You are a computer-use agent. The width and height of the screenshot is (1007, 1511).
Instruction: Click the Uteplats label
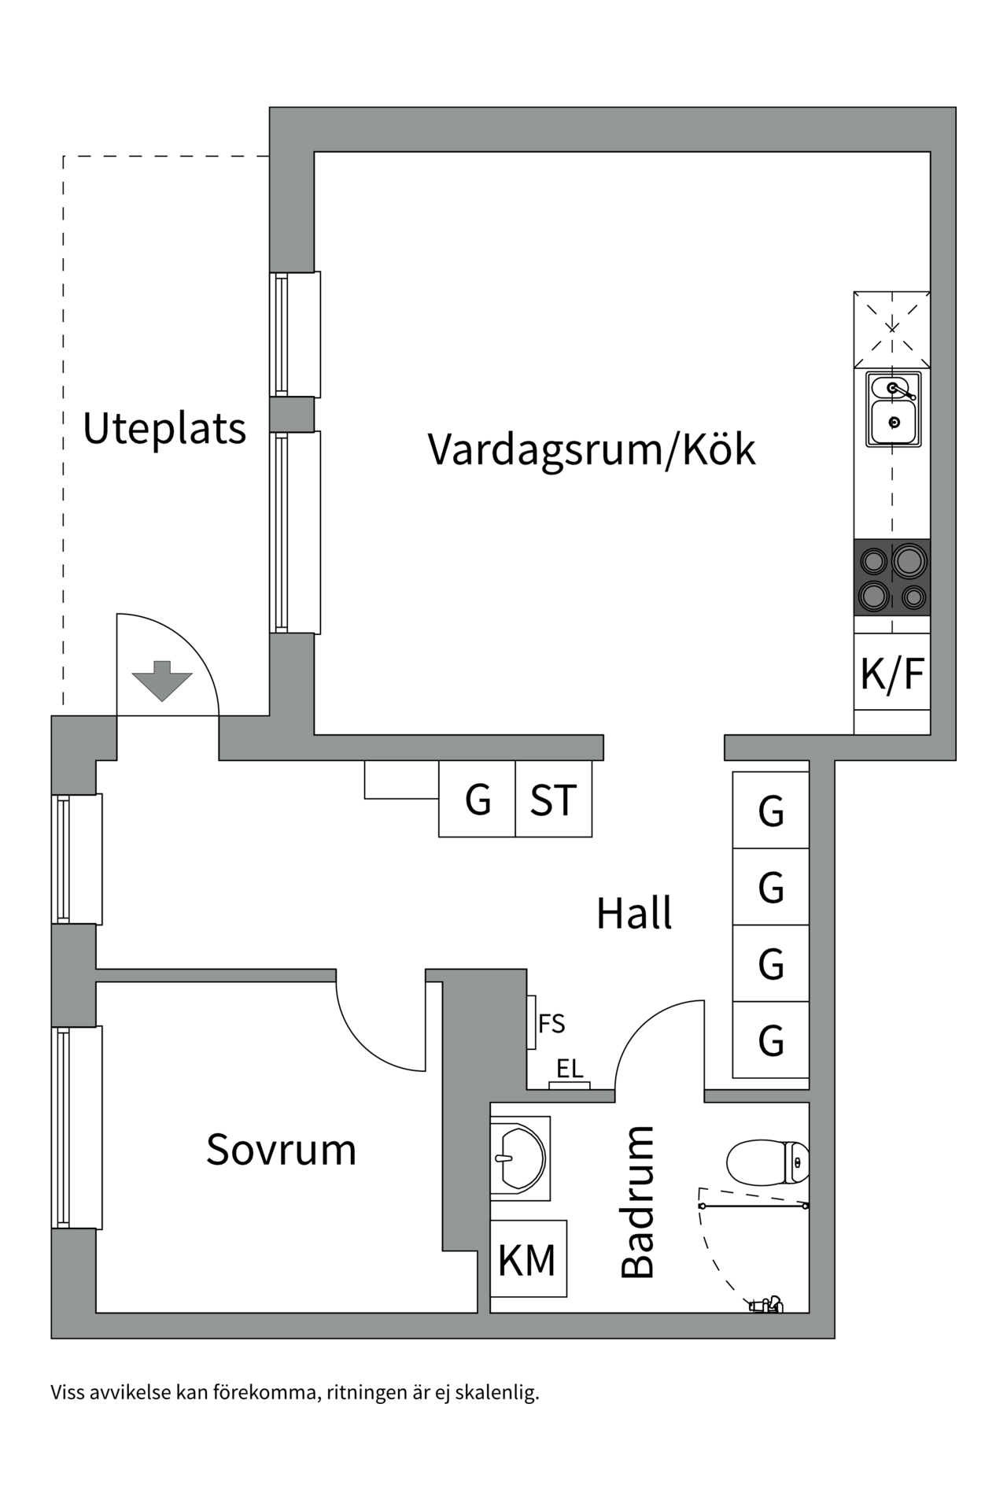pos(164,429)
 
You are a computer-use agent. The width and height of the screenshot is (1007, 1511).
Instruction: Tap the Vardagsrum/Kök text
pos(591,449)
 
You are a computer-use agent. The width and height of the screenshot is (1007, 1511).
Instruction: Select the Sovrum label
pos(281,1150)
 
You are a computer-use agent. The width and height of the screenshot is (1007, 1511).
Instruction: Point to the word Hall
pos(633,913)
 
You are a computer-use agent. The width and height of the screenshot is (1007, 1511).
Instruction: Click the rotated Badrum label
pos(637,1202)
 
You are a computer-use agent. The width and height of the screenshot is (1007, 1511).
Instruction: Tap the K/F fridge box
pos(892,674)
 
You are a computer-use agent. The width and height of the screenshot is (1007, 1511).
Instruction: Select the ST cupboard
pos(553,800)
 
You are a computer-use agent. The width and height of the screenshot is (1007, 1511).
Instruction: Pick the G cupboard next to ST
pos(478,800)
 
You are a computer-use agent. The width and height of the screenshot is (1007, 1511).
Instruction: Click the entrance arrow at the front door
pos(162,680)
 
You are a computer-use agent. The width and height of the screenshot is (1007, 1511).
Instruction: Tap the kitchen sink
pos(893,409)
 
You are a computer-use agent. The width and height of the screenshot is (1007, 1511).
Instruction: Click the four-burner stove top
pos(892,578)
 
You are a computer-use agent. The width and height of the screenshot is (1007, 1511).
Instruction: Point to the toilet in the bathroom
pos(766,1162)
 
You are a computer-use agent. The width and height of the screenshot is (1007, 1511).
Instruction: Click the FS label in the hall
pos(551,1024)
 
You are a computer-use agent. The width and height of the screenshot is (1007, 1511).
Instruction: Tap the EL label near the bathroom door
pos(570,1069)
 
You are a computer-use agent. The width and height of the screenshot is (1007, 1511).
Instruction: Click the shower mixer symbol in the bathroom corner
pos(767,1304)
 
